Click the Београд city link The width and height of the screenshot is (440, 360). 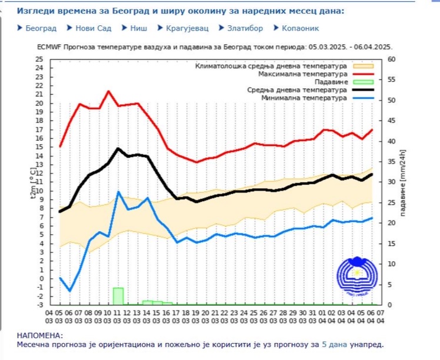[41, 28]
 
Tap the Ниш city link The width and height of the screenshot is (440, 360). [138, 28]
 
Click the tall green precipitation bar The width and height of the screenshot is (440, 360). [118, 295]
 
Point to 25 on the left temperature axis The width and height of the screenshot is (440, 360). [39, 59]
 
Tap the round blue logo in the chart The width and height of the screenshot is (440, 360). [355, 277]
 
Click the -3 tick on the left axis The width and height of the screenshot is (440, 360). [39, 305]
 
